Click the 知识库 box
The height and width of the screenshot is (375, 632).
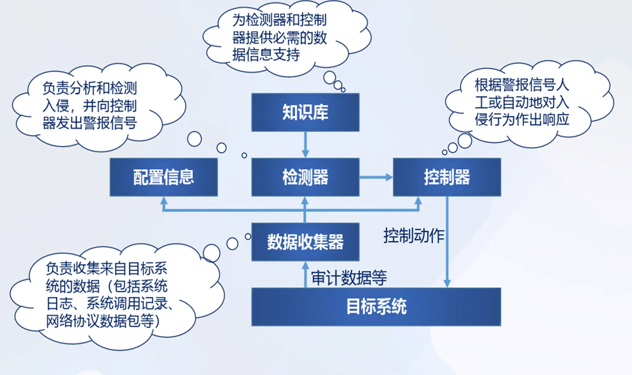point(305,112)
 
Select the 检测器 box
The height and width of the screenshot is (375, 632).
point(305,177)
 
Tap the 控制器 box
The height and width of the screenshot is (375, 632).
point(447,177)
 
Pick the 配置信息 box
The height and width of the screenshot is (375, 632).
point(164,177)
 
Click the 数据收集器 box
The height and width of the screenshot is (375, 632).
point(305,242)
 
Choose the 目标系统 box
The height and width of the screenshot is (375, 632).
point(376,307)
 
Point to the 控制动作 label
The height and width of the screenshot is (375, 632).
point(414,236)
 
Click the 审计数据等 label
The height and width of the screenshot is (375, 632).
point(349,278)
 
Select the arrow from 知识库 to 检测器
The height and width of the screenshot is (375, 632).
point(305,144)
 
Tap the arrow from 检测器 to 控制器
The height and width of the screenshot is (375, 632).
point(376,177)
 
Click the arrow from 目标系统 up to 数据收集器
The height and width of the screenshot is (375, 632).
point(305,275)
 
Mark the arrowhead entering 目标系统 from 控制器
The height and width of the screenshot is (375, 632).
point(447,283)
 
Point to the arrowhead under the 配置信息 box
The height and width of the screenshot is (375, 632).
point(164,201)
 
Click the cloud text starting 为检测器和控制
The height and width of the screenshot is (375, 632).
point(280,37)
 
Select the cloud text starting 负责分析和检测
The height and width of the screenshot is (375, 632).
point(90,106)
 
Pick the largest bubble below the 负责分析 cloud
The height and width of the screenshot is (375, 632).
point(194,139)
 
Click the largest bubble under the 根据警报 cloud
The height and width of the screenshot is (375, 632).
point(465,141)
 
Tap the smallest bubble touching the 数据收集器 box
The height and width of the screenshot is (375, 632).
point(248,236)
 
